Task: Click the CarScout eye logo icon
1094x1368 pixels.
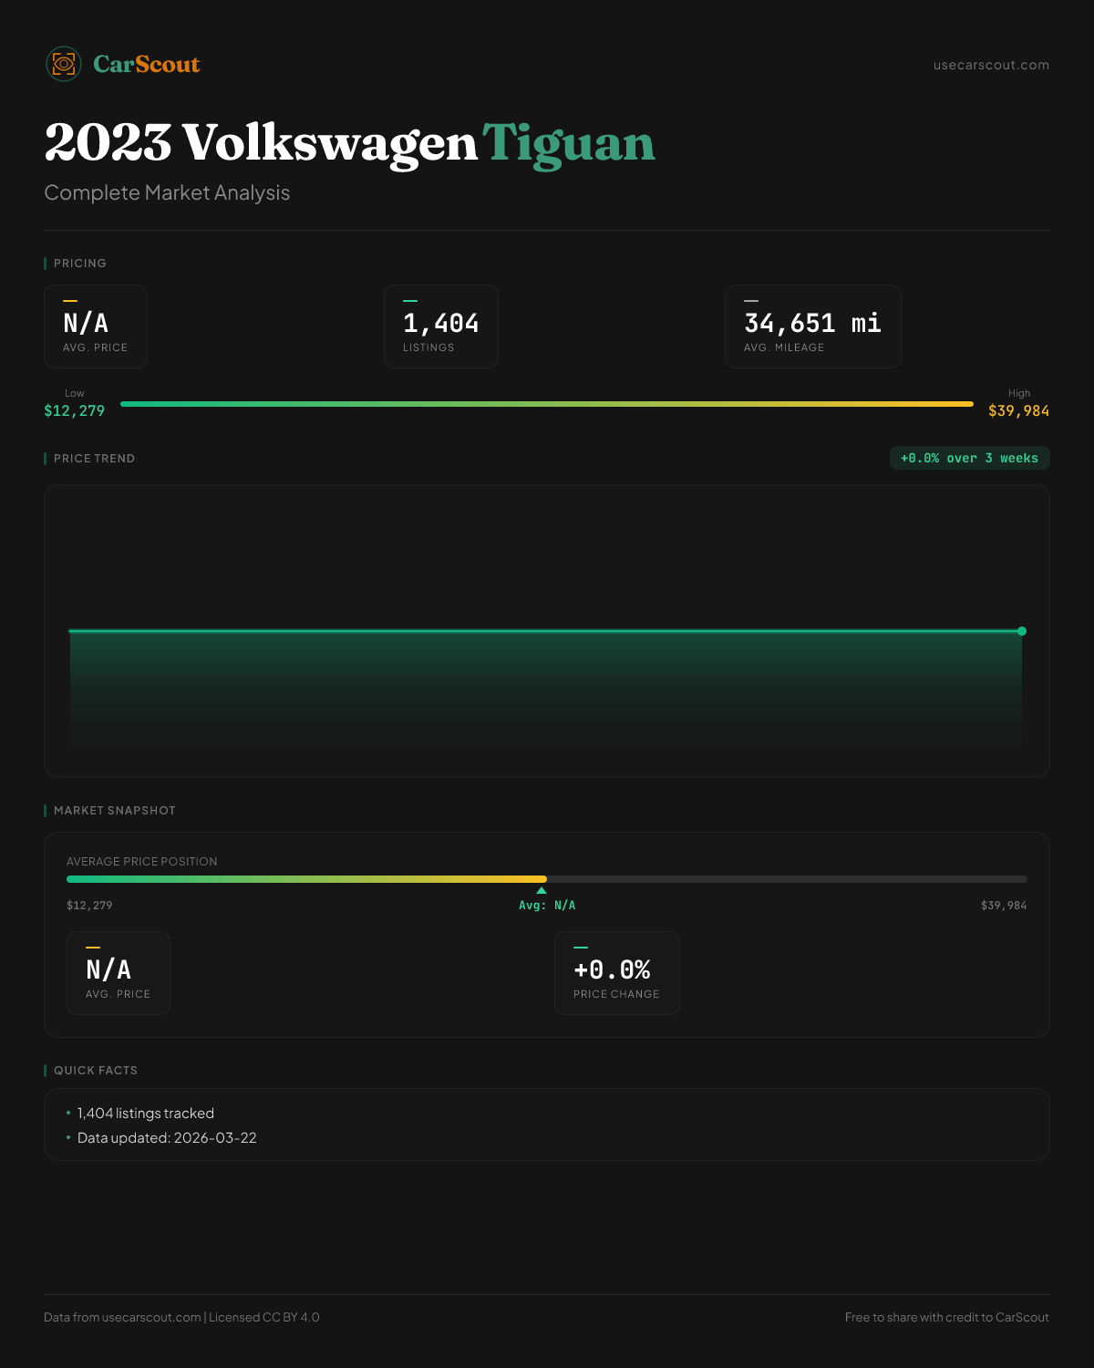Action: click(64, 64)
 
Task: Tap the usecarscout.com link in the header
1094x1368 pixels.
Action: click(991, 65)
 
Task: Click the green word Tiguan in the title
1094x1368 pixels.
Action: click(568, 144)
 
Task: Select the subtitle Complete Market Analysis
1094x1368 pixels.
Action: click(167, 192)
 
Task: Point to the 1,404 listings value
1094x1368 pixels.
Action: click(440, 324)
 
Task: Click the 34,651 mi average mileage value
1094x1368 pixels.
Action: click(812, 324)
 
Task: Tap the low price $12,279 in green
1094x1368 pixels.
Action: click(75, 410)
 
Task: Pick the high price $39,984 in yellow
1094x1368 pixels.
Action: click(1018, 410)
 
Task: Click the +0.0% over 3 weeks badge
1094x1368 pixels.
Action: click(969, 458)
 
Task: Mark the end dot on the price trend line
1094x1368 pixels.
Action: click(1022, 631)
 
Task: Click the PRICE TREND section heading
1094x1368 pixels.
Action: click(94, 459)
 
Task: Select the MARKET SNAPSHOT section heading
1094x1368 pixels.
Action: click(114, 811)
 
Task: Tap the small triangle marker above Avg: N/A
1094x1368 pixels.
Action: click(542, 890)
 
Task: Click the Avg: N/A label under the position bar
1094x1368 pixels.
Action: click(547, 906)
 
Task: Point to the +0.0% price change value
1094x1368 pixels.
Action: click(612, 969)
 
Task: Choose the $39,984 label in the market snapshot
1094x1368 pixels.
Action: click(1004, 906)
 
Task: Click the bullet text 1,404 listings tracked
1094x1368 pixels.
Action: click(146, 1114)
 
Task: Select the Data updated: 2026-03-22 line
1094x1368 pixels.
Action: click(167, 1138)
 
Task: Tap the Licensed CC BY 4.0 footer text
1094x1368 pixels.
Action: click(264, 1317)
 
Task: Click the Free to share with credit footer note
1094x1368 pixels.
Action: click(946, 1317)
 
